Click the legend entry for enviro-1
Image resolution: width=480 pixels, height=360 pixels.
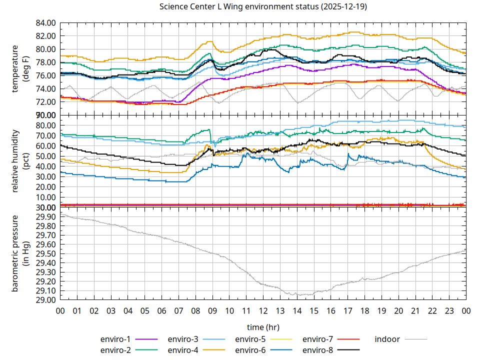tap(115, 339)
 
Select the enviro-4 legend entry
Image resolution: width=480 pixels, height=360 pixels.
tap(183, 350)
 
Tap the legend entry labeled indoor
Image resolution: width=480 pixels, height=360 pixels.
tap(387, 339)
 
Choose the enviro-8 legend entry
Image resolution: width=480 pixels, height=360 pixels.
tap(318, 350)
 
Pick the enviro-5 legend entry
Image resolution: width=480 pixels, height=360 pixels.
tap(250, 339)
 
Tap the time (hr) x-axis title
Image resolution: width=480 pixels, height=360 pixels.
tap(263, 327)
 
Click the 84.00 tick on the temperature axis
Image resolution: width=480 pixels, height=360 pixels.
tap(46, 23)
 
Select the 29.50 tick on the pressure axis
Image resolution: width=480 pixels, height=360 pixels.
tap(46, 253)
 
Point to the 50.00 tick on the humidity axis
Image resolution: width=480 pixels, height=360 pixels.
tap(46, 156)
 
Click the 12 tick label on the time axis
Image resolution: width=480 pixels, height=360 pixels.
tap(263, 310)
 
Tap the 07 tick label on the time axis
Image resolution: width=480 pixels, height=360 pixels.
tap(178, 310)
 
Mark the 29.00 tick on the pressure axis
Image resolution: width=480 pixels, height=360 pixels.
tap(46, 300)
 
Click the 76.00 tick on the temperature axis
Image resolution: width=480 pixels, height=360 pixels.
tap(46, 75)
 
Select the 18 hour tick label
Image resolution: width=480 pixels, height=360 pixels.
tap(364, 310)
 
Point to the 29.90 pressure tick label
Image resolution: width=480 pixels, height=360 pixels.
tap(46, 216)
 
